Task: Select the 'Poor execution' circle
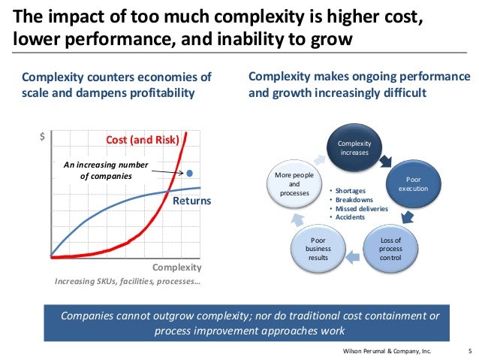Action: point(414,184)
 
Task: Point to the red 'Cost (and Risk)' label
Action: point(142,139)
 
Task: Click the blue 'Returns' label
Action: point(193,201)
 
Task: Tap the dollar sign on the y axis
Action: point(42,138)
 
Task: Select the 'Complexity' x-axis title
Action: point(177,267)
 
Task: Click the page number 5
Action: point(469,351)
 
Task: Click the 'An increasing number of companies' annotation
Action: point(106,171)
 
